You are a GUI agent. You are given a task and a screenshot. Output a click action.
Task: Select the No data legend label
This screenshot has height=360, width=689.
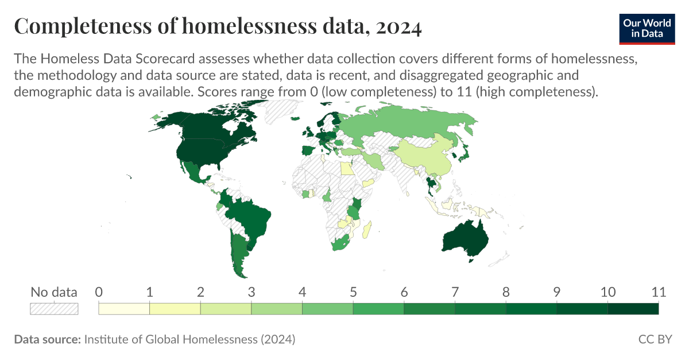tap(53, 292)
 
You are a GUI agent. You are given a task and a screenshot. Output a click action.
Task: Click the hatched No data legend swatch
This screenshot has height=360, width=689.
tap(53, 309)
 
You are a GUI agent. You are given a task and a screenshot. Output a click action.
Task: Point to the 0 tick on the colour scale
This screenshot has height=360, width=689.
tap(99, 292)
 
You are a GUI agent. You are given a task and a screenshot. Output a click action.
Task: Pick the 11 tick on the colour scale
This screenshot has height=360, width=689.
tap(658, 292)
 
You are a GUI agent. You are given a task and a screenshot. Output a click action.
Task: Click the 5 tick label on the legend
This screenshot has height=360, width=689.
tap(353, 292)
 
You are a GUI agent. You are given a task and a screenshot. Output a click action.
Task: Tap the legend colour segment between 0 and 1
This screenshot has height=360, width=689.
tap(124, 309)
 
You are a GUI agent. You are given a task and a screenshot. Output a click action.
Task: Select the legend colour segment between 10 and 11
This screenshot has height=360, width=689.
tap(633, 309)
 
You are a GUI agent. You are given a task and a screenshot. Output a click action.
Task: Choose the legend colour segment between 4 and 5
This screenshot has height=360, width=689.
tap(327, 309)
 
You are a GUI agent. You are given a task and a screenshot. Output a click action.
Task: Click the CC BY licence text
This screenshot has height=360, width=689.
tap(655, 339)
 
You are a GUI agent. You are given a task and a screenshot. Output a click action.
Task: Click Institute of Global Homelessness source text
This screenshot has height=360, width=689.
tap(189, 339)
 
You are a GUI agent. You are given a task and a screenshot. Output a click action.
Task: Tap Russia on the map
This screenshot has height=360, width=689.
tap(402, 123)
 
